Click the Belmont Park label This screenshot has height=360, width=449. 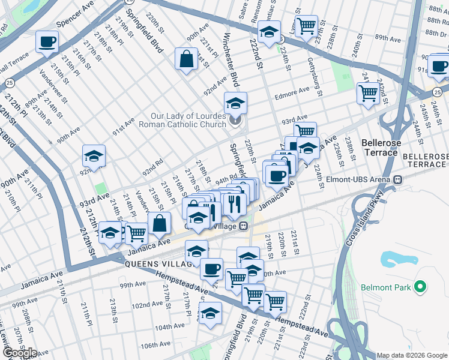point(385,288)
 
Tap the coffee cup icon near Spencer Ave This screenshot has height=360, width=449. point(46,42)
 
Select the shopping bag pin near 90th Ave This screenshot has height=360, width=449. point(186,59)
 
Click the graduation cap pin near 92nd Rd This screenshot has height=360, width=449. point(94,156)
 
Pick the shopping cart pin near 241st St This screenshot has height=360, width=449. point(367,93)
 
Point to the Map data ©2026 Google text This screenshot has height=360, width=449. point(412,355)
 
